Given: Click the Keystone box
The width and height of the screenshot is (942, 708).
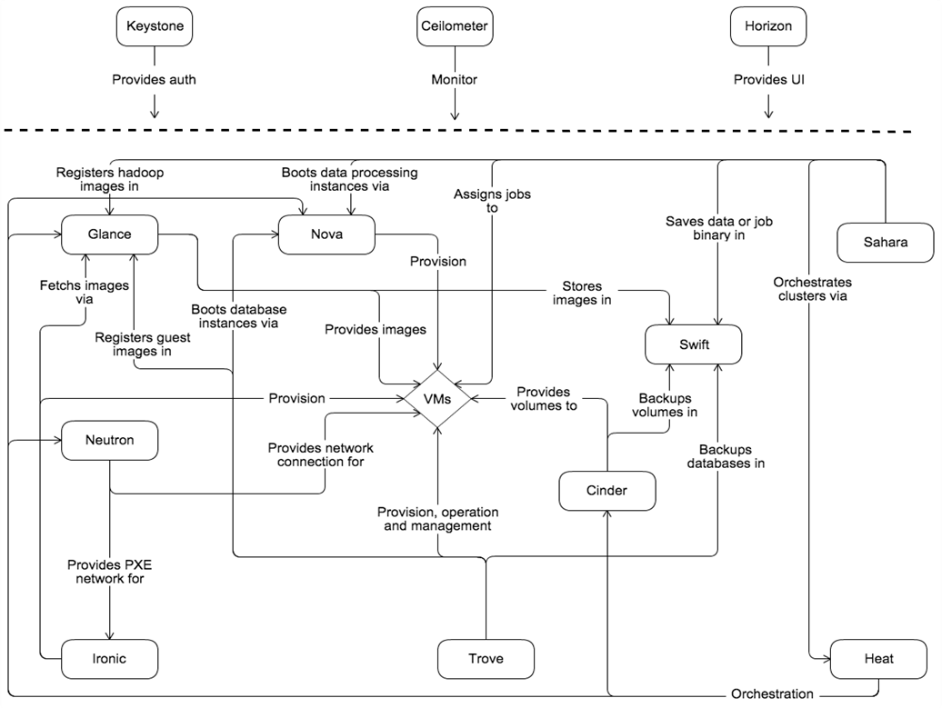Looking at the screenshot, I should coord(155,26).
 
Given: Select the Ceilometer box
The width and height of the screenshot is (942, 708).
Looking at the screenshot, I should coord(455,26).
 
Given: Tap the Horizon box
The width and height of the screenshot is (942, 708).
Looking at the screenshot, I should coord(768,26).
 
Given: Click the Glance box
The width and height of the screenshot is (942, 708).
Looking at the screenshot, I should coord(109,234).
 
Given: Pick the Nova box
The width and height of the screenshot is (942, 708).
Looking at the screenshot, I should coord(326,234).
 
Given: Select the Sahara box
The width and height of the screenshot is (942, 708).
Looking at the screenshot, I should coord(885,242).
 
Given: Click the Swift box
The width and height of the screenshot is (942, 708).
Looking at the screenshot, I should coord(693,345).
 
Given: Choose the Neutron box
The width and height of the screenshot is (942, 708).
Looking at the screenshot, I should coord(109,441).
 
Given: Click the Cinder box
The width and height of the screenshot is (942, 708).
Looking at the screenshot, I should coord(606,491).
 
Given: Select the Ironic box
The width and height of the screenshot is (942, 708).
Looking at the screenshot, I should coord(109,659).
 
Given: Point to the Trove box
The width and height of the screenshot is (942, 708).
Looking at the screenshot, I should coord(485,659).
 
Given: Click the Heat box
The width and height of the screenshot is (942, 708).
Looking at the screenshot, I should coord(878,659).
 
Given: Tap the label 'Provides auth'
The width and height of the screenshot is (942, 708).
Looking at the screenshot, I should coord(155,80).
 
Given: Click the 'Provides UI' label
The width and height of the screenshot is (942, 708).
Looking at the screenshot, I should coord(768,80).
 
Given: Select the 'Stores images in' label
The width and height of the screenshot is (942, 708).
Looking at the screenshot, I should coord(582,293).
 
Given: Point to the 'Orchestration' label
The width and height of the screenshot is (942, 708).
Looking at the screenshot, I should coord(772,694).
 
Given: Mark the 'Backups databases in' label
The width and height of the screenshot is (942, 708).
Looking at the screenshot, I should coord(732,456).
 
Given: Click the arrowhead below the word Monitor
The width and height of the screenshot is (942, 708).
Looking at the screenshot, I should coord(455,115).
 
